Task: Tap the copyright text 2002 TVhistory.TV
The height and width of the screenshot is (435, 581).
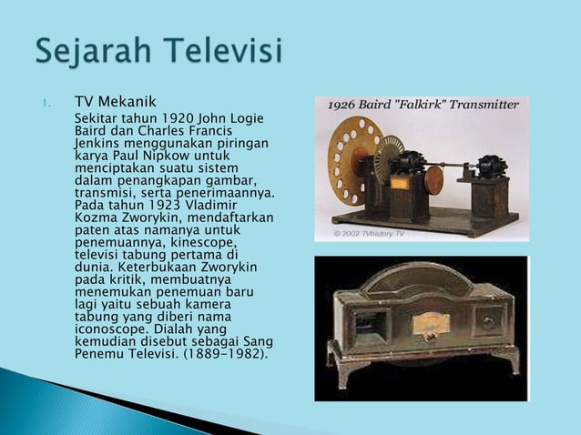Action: (x=368, y=234)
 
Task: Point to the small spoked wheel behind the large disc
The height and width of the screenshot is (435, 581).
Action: (x=390, y=157)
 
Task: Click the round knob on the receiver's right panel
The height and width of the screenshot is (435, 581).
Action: (x=490, y=321)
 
